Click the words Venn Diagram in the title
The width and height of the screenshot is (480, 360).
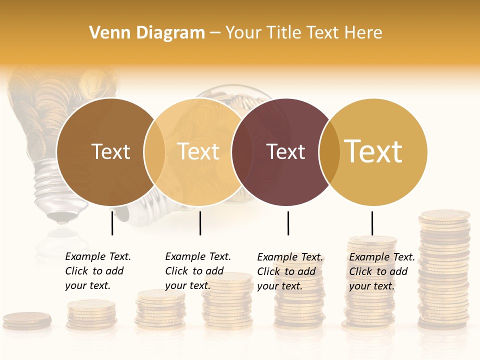pos(147,33)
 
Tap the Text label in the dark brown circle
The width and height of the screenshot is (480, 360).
pos(110,151)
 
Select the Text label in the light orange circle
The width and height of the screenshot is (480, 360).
pos(198,151)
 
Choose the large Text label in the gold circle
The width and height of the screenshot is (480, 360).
pos(373,151)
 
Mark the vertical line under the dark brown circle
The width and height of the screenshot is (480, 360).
pos(112,223)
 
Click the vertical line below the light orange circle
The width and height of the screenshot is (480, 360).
pos(200,223)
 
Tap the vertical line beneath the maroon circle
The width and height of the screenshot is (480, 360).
pos(288,223)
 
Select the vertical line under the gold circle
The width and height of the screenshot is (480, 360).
pos(372,223)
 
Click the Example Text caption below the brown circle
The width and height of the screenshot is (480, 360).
pos(98,271)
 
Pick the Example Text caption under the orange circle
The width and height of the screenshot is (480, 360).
pos(198,271)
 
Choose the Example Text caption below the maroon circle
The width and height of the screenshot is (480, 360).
pos(290,271)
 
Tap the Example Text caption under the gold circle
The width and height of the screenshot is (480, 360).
pos(382,271)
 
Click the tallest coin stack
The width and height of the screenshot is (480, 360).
pos(444,270)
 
